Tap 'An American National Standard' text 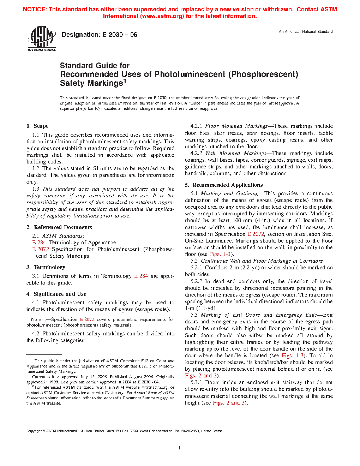click(x=306, y=32)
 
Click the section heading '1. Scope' click(x=37, y=126)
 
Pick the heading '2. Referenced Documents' click(x=59, y=227)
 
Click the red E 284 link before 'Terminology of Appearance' click(x=39, y=243)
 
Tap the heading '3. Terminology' click(x=46, y=267)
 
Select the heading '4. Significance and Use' click(x=56, y=294)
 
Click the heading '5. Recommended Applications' click(x=224, y=185)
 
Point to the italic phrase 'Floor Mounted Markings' click(x=236, y=126)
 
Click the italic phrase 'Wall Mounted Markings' click(x=235, y=153)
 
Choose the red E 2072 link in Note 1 click(x=87, y=319)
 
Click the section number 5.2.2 click(x=196, y=281)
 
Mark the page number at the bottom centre click(x=180, y=448)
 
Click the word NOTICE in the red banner click(x=34, y=10)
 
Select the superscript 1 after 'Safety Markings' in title click(x=125, y=81)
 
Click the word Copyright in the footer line click(x=34, y=431)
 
